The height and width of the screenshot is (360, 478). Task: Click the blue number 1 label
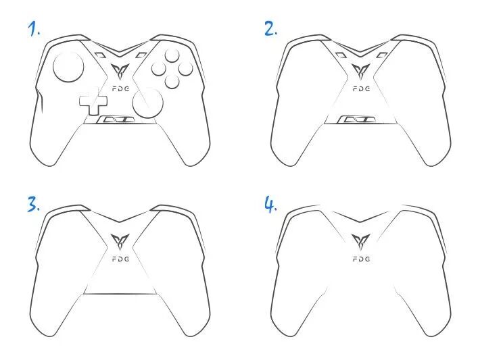(x=34, y=29)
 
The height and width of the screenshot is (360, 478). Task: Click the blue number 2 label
(x=270, y=29)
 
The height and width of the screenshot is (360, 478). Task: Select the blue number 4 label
(x=270, y=204)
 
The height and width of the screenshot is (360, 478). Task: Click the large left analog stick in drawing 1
(x=68, y=67)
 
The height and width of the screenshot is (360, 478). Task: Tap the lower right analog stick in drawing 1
(x=148, y=103)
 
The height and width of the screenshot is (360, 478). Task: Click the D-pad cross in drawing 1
(x=93, y=101)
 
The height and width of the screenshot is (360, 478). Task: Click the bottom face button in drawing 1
(x=172, y=81)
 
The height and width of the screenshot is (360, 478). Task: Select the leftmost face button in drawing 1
(x=159, y=68)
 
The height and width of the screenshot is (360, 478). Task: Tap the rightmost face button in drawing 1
(x=186, y=68)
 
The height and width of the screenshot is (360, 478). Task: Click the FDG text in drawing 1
(x=121, y=89)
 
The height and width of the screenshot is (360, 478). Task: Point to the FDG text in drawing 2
(x=362, y=89)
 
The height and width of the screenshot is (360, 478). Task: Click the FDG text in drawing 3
(x=121, y=259)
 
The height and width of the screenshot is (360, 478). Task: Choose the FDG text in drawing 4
(x=362, y=259)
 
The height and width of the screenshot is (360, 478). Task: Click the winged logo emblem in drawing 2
(x=361, y=72)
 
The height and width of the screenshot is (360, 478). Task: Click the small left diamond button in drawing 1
(x=99, y=55)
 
